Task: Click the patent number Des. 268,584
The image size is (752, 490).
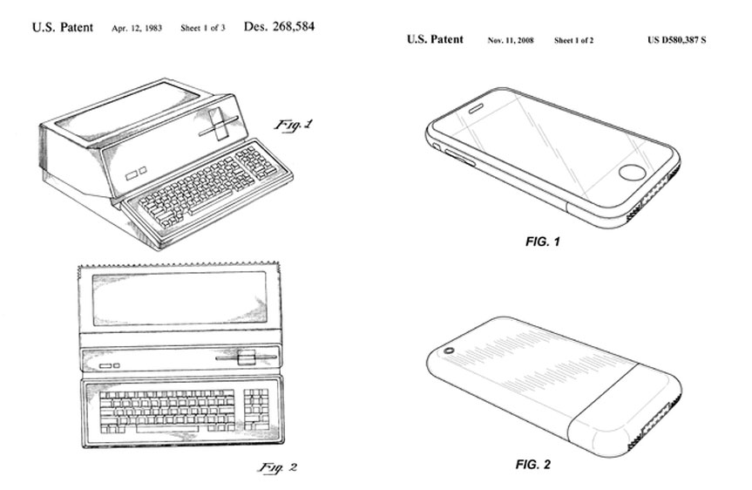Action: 279,26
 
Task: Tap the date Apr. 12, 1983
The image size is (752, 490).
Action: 137,28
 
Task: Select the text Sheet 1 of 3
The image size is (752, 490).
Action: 203,28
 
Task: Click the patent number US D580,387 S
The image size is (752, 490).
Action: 677,40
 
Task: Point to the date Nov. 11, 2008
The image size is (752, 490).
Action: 511,40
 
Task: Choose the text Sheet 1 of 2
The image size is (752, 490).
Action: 573,40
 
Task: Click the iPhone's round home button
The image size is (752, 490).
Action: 632,173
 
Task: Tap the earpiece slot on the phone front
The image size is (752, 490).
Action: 478,110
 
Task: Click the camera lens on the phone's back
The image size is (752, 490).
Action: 449,350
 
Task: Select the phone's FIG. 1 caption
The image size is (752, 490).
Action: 542,242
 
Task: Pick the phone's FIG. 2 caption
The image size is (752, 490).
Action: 533,464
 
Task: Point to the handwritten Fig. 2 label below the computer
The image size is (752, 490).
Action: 278,467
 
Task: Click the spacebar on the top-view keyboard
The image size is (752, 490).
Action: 167,429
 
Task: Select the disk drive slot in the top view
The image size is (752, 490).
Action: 246,358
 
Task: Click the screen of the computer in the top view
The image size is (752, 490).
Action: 180,299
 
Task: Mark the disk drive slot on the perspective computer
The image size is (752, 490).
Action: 219,124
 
